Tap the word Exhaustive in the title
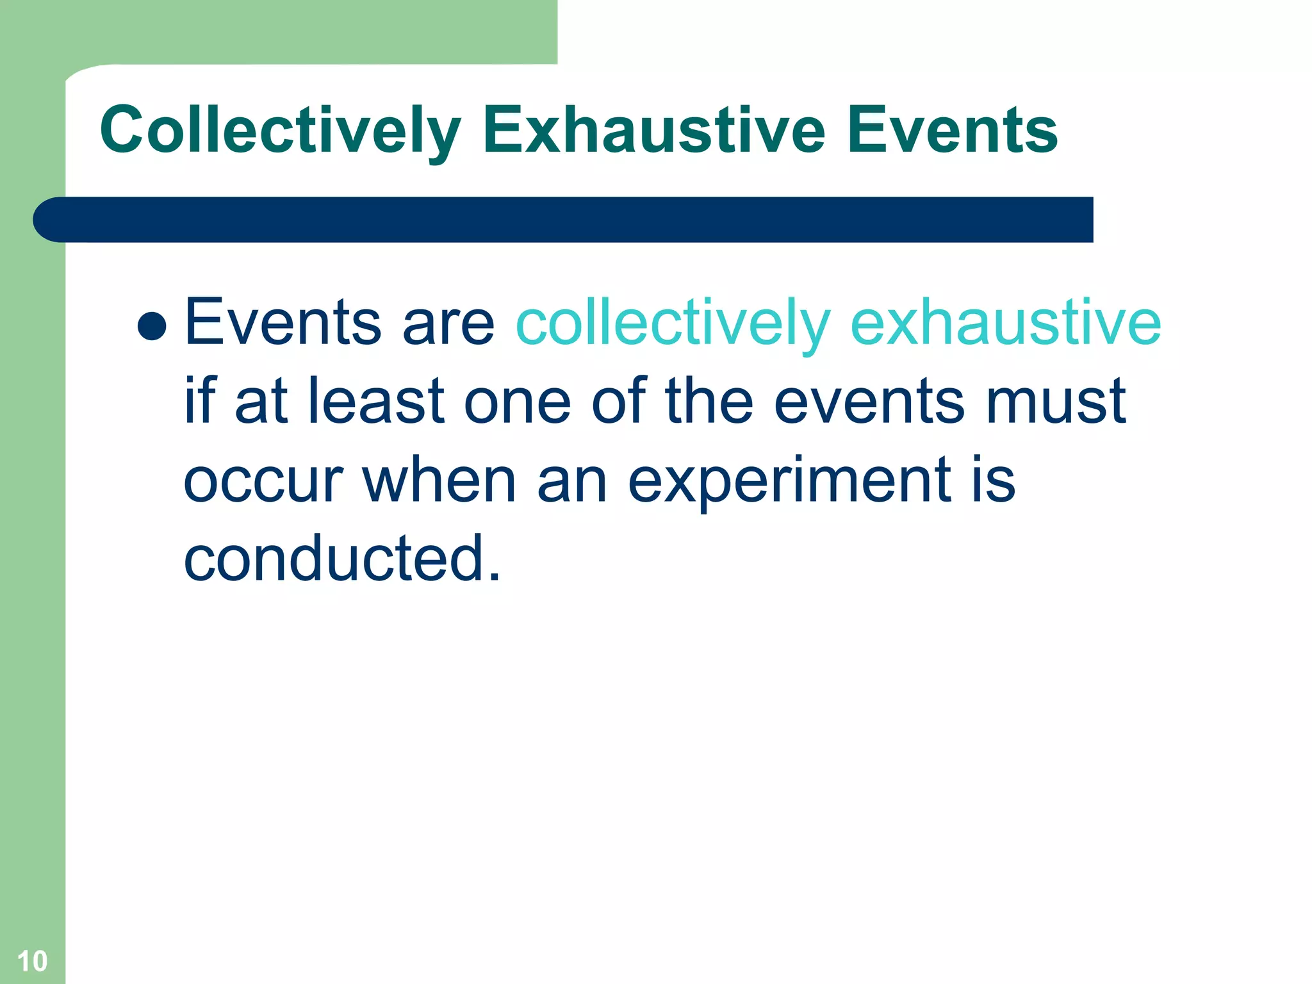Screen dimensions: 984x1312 pyautogui.click(x=653, y=131)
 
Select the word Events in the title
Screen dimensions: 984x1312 pyautogui.click(x=952, y=131)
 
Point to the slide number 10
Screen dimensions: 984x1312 pyautogui.click(x=32, y=961)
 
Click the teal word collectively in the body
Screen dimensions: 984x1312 pyautogui.click(x=673, y=324)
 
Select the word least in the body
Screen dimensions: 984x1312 pyautogui.click(x=376, y=401)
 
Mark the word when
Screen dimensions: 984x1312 pyautogui.click(x=439, y=480)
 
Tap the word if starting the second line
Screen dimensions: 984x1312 pyautogui.click(x=200, y=401)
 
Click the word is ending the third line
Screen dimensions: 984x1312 pyautogui.click(x=993, y=480)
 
